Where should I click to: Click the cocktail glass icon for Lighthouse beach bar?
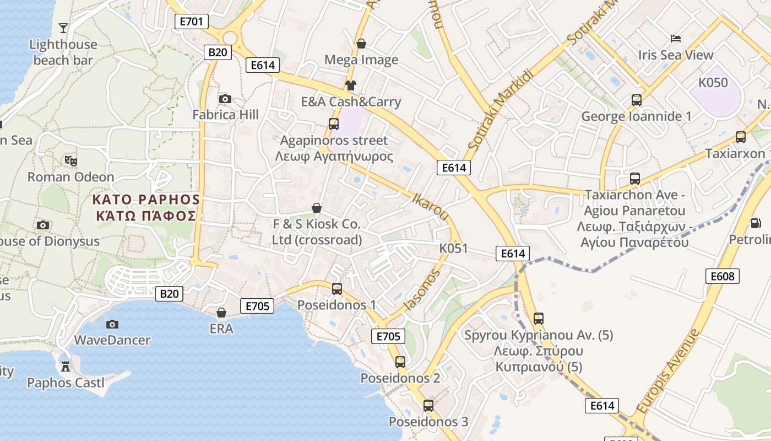coord(63,28)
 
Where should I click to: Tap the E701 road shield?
coord(192,21)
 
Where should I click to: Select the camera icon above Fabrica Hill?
coord(225,99)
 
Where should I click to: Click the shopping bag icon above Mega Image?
coord(361,43)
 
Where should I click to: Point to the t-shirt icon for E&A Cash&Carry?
coord(351,85)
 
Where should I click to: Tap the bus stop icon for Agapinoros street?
coord(334,123)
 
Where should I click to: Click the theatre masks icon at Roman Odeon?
coord(71,160)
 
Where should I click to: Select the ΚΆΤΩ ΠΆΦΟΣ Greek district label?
coord(146,215)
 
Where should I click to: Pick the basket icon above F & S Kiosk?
coord(317,208)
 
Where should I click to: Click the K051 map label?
coord(453,249)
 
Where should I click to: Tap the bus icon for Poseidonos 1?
coord(337,288)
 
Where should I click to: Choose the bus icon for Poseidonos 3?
coord(428,406)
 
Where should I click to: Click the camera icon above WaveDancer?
coord(112,324)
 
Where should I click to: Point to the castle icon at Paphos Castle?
coord(66,366)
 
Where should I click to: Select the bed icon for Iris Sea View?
coord(676,39)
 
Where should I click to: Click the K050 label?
coord(713,83)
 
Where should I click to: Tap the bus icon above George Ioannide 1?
coord(637,100)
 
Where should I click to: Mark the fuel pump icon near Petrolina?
coord(756,223)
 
